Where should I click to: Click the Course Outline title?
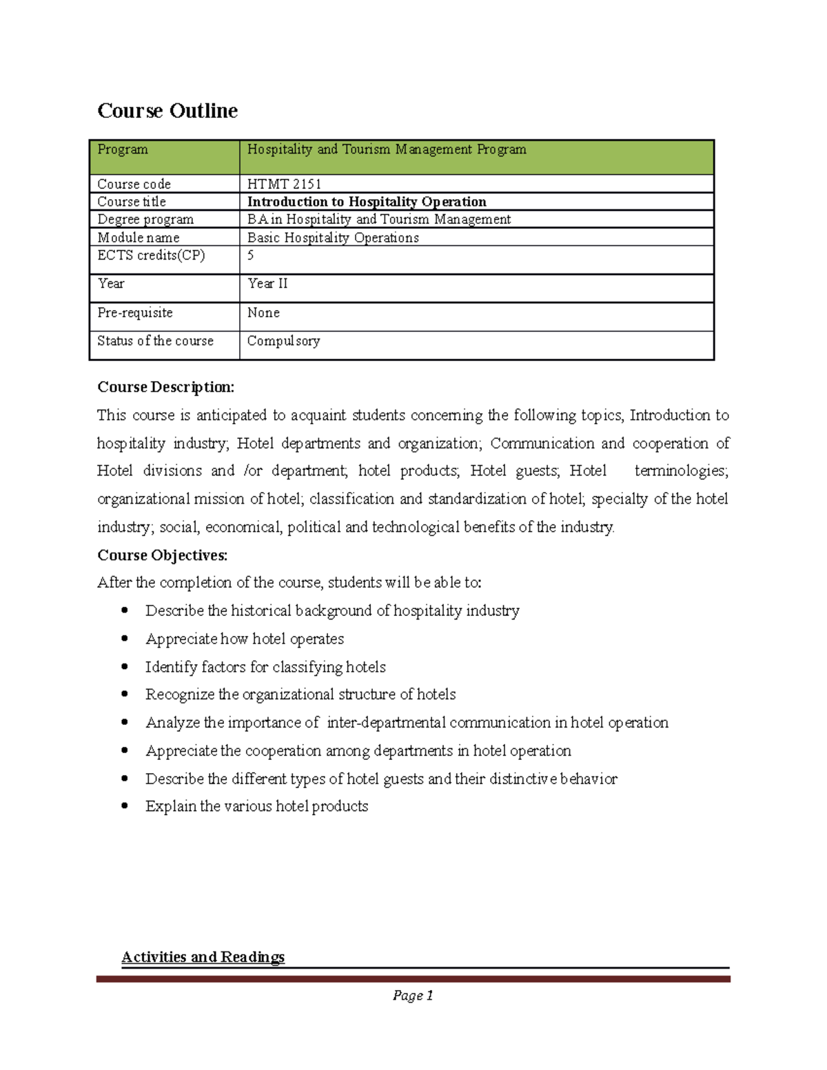[x=167, y=111]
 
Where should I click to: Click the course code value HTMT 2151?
[x=284, y=184]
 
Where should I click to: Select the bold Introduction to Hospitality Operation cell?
[x=367, y=202]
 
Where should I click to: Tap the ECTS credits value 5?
[x=251, y=256]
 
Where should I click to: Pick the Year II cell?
[x=268, y=284]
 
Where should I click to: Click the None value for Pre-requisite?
[x=263, y=313]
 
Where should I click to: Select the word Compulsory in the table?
[x=283, y=341]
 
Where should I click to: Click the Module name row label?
[x=138, y=238]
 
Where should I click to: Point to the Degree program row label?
[x=145, y=220]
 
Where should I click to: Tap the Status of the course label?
[x=155, y=341]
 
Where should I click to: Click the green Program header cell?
[x=164, y=157]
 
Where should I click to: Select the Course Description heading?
[x=165, y=387]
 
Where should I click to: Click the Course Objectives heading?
[x=162, y=555]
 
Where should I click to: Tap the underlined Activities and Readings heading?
[x=203, y=957]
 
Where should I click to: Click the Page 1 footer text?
[x=412, y=996]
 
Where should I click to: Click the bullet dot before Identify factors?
[x=125, y=667]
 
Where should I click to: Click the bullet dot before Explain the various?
[x=125, y=806]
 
